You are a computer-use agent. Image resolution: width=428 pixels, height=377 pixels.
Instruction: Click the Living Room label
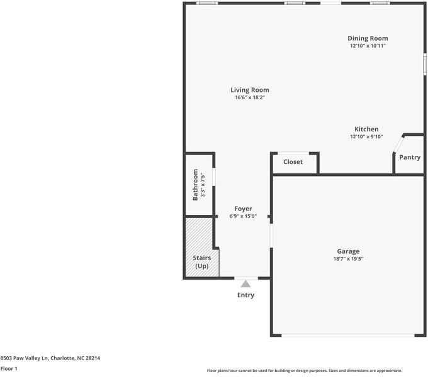249,90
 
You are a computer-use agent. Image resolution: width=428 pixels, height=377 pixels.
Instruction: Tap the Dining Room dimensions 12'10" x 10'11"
368,46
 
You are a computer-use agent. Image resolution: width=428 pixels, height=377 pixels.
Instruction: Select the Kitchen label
366,129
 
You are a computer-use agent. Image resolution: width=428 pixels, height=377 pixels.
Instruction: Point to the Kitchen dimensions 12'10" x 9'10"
366,137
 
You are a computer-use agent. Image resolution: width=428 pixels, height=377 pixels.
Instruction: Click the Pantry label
410,157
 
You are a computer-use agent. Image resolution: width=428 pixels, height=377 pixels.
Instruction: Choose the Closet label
293,161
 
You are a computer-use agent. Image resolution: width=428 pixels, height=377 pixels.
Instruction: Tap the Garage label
348,251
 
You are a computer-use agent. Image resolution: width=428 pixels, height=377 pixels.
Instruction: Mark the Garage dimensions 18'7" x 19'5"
348,259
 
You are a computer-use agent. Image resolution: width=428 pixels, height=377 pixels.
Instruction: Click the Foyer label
243,209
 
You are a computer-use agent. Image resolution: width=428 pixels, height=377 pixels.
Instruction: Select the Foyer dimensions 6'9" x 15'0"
243,217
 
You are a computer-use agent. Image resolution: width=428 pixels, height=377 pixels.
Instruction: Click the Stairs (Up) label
201,261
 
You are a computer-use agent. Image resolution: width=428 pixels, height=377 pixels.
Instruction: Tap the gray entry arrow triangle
245,283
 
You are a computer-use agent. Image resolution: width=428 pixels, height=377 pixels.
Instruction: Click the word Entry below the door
245,295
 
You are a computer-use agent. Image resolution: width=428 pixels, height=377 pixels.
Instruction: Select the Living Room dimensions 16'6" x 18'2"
249,98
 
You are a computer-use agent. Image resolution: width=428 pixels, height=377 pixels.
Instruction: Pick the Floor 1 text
9,369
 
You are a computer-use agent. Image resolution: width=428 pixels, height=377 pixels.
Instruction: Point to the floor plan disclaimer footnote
304,371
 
